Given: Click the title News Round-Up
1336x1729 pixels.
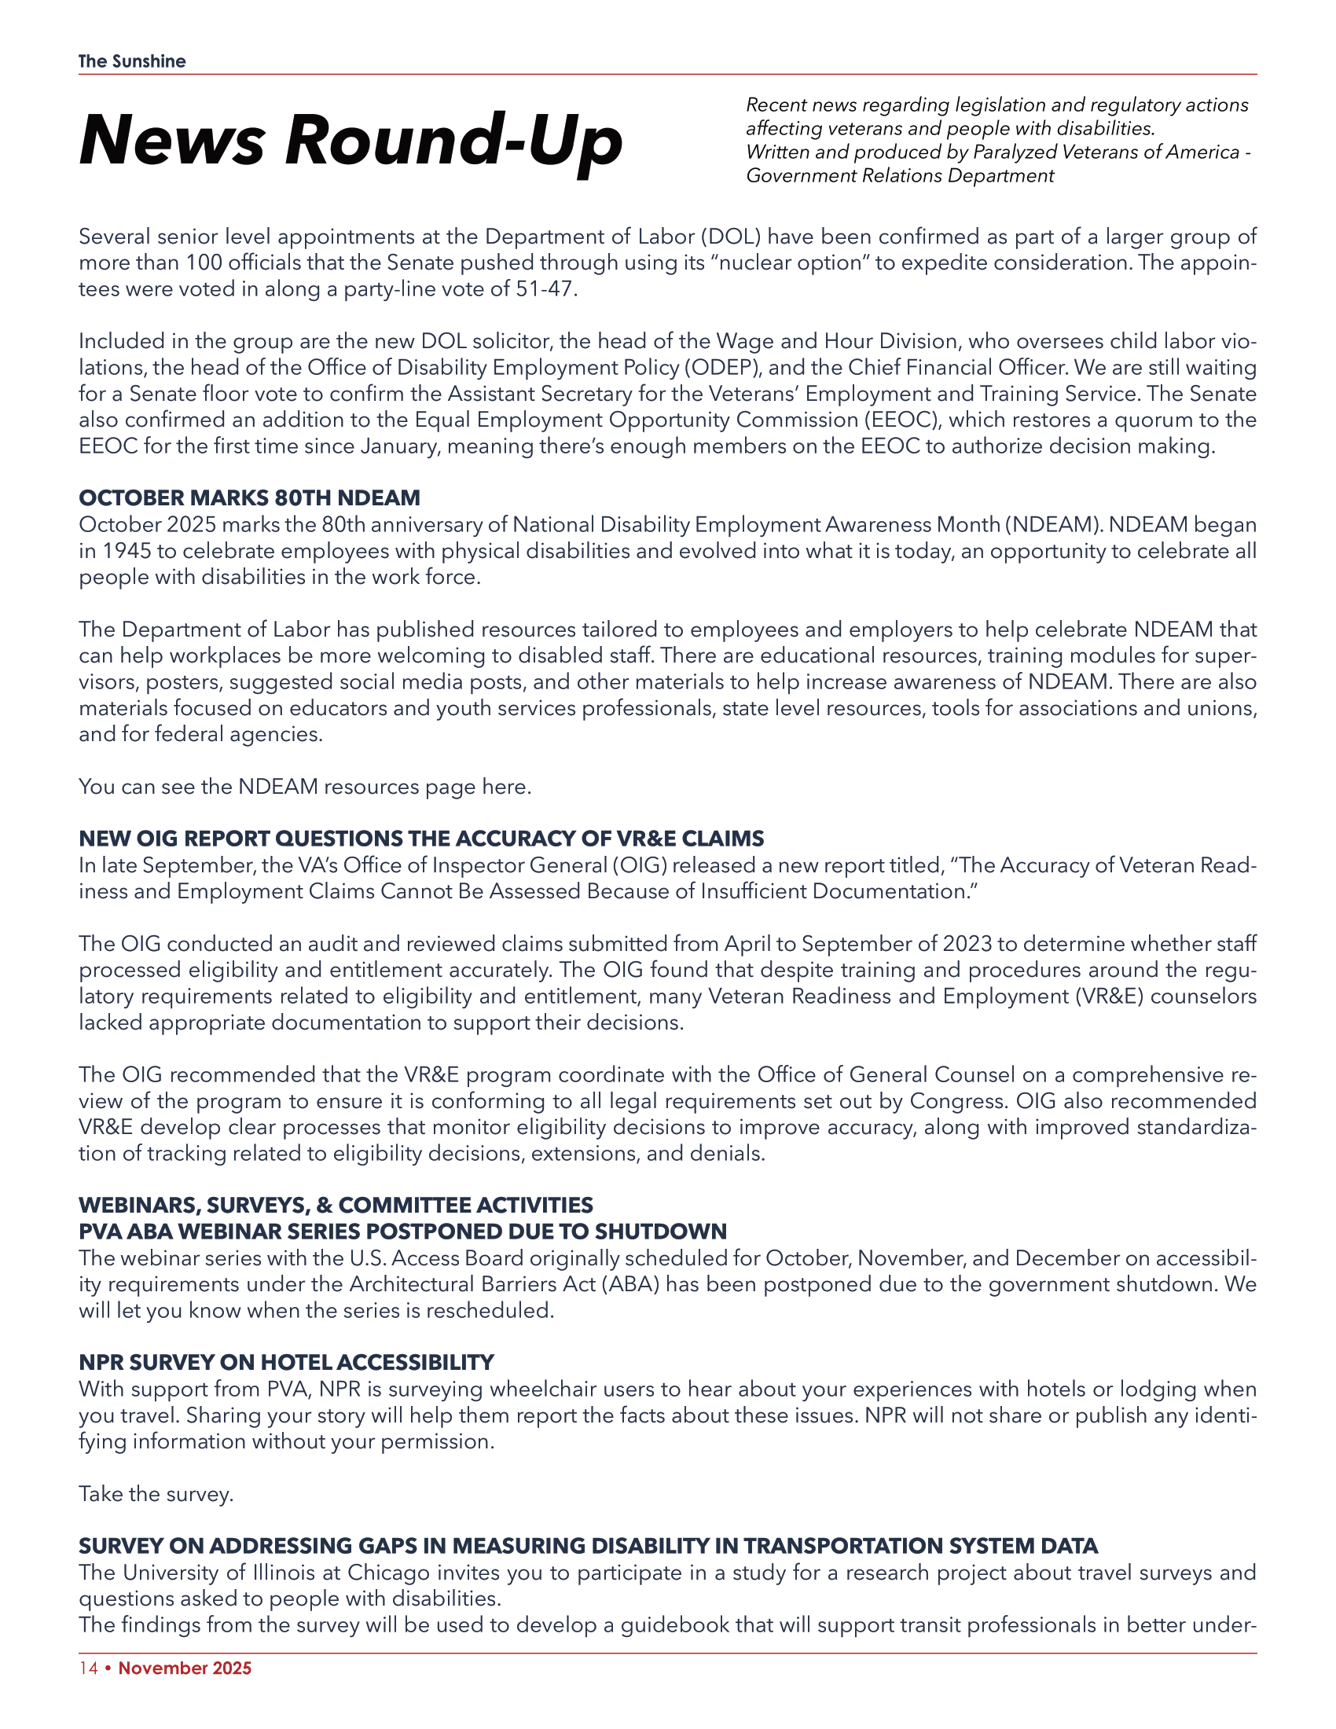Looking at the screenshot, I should click(351, 141).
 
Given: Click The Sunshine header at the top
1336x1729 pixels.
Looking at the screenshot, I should click(132, 61).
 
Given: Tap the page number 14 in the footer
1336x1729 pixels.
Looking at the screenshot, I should click(88, 1668).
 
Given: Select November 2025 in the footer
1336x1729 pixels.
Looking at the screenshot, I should click(185, 1668).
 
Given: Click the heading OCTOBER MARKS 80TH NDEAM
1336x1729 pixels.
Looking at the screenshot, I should click(249, 498).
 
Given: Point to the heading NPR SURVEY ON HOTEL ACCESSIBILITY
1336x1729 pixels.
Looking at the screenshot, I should click(286, 1363).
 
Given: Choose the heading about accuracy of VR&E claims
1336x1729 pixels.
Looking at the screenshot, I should click(421, 839).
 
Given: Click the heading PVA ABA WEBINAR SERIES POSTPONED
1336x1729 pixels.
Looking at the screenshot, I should click(402, 1232).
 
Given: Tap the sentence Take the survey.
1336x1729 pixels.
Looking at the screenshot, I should click(156, 1494).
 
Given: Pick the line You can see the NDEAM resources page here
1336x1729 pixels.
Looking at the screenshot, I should click(305, 787).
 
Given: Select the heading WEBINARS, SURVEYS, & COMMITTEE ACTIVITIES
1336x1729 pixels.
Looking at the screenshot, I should click(336, 1205).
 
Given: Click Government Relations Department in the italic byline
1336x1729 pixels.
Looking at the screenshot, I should click(900, 176).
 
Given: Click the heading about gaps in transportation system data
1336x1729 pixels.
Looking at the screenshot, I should click(588, 1546).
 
